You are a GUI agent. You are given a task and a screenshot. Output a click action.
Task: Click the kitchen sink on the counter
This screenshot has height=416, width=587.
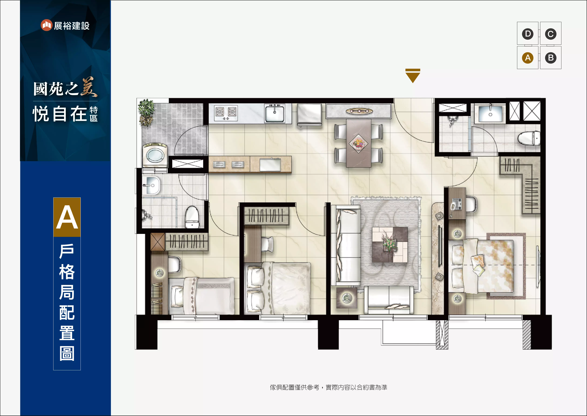[275, 113]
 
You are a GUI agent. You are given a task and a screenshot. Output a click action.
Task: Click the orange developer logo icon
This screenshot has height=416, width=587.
[46, 25]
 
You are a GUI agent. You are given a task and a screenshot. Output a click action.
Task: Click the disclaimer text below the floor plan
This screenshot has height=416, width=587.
[329, 387]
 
